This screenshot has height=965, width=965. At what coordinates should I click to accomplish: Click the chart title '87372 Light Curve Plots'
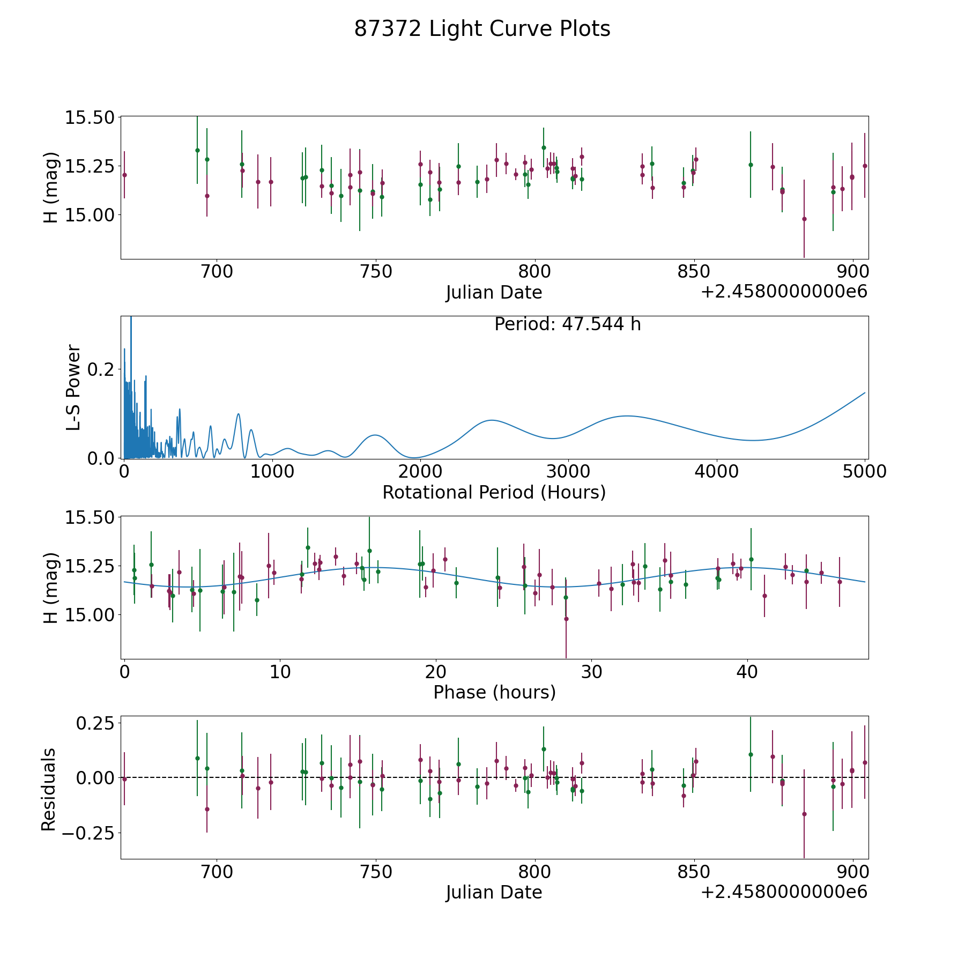[x=482, y=29]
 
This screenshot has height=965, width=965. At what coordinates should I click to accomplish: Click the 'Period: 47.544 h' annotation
[x=567, y=324]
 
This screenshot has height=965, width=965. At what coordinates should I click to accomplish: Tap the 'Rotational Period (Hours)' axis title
[x=494, y=492]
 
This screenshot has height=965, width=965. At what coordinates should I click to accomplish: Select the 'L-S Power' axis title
[x=73, y=387]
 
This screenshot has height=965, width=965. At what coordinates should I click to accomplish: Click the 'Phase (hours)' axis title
[x=494, y=692]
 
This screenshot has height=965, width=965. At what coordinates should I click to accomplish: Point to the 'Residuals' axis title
[x=48, y=789]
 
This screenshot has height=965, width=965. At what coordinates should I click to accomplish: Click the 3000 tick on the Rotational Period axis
[x=568, y=471]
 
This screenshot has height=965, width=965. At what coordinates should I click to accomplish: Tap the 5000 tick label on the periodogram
[x=864, y=471]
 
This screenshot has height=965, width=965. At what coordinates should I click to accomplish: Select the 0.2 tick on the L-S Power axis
[x=102, y=369]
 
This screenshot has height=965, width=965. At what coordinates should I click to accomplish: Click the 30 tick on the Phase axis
[x=591, y=672]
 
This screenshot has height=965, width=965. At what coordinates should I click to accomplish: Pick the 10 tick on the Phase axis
[x=280, y=672]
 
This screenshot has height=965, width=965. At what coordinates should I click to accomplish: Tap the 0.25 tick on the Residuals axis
[x=95, y=723]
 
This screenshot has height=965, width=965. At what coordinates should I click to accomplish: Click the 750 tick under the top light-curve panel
[x=376, y=272]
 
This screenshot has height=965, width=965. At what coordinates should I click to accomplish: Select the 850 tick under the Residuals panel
[x=694, y=872]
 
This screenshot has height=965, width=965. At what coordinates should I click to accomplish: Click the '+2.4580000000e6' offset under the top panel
[x=784, y=292]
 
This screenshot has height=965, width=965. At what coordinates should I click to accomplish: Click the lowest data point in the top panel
[x=804, y=219]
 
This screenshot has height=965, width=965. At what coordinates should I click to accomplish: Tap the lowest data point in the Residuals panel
[x=804, y=814]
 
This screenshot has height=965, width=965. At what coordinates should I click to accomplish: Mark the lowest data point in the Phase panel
[x=566, y=619]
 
